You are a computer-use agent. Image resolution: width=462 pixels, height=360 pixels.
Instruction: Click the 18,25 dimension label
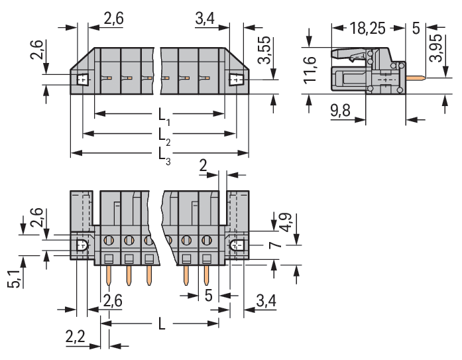point(367,29)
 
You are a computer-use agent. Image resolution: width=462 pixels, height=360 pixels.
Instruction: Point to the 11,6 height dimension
point(310,70)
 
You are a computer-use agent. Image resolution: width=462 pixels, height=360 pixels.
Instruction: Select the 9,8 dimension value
point(340,111)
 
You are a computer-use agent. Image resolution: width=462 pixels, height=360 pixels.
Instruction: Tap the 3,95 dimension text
point(436,48)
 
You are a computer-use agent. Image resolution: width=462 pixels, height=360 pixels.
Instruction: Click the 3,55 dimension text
point(264,50)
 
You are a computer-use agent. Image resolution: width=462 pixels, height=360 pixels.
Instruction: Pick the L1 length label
point(164,116)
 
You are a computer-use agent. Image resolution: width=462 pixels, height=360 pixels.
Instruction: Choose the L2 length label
point(164,136)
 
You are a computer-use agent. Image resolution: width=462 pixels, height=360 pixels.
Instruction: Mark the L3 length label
point(164,155)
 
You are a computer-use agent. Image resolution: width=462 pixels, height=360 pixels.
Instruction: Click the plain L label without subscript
point(162,324)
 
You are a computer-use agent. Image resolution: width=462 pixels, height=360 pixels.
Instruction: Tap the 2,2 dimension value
point(76,337)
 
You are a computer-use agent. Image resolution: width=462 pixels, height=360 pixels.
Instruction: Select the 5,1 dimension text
point(14,278)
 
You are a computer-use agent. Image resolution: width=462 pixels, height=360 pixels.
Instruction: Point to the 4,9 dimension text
point(285,222)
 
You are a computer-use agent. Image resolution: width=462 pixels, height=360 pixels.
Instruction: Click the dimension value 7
point(274,245)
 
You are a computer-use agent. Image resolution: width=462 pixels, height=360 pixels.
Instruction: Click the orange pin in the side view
point(416,78)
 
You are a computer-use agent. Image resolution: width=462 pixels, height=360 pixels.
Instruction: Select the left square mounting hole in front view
point(83,80)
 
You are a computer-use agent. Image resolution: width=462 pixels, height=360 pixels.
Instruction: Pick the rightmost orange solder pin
point(206,275)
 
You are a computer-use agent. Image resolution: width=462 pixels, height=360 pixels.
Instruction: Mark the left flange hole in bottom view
point(82,245)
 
